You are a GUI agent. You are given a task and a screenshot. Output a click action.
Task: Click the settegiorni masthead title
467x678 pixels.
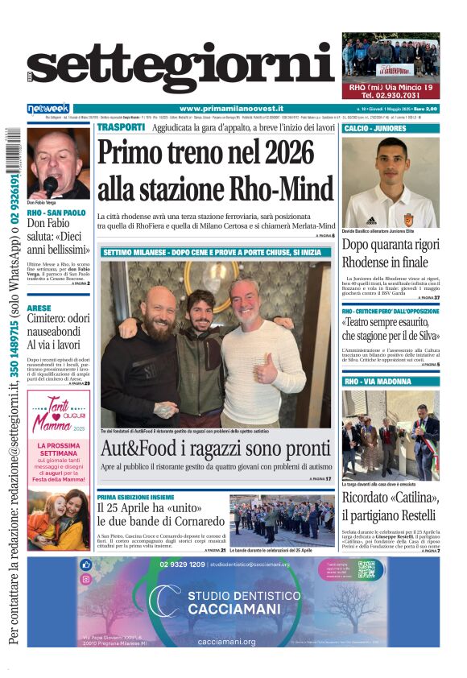[181, 68]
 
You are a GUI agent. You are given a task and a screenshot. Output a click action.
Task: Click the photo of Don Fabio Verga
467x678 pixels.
[58, 163]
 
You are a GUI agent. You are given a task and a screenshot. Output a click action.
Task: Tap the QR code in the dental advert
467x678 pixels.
[367, 569]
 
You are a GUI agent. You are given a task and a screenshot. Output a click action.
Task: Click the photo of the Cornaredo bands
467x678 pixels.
[282, 520]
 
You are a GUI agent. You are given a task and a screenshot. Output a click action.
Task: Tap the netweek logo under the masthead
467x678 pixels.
[48, 109]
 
